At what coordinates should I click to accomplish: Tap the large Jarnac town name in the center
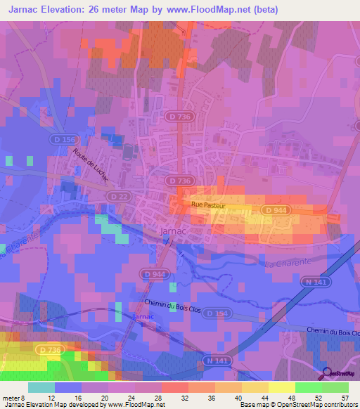pos(164,231)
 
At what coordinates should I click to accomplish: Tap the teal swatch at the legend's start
pos(41,387)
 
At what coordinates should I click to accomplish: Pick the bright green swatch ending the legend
pos(335,387)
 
